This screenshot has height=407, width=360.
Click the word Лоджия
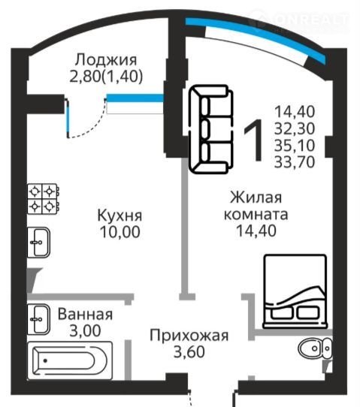point(106,60)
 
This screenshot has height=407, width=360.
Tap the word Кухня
point(119,216)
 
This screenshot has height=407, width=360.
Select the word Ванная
point(85,314)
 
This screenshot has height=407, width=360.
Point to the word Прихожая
point(189,336)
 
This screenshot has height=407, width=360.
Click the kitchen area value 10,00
point(120,232)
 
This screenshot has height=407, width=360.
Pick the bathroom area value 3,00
point(85,330)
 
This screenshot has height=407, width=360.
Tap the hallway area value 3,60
point(189,352)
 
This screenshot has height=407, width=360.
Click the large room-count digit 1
point(253,140)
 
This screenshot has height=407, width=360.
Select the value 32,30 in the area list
point(295,128)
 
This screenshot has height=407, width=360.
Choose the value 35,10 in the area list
point(295,145)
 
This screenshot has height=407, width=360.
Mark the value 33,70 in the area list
point(295,161)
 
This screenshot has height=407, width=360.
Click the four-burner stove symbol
point(43,199)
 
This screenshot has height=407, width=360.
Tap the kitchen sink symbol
point(38,243)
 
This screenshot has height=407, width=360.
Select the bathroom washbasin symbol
point(38,319)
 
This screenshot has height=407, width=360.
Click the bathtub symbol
point(70,360)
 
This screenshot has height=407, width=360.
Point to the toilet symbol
point(315,348)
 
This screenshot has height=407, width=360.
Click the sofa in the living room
point(211,129)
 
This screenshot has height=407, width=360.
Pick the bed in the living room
point(295,291)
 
